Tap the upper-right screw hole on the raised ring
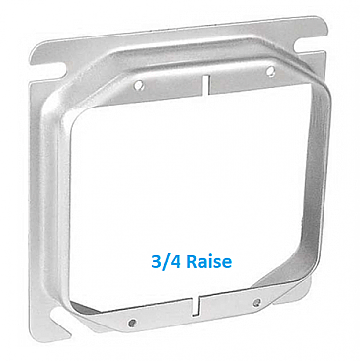click(x=271, y=71)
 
